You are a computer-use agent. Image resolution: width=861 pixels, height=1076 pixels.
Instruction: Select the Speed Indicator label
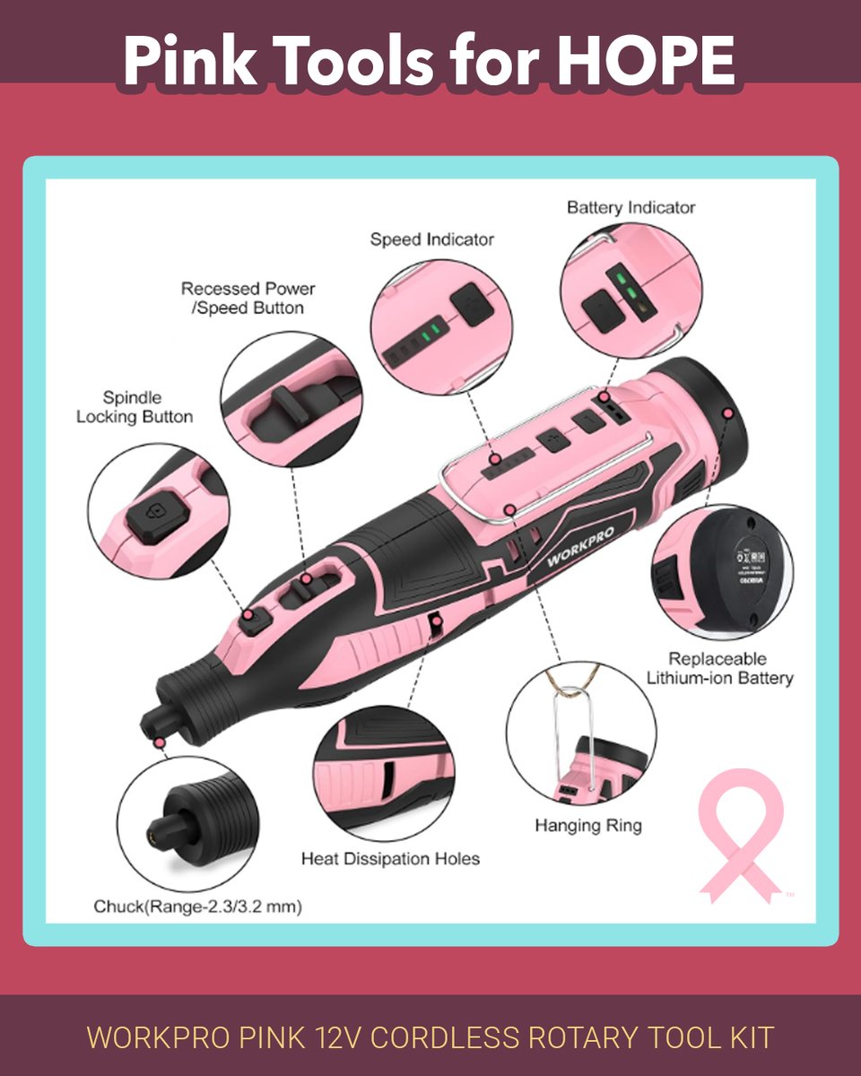[432, 239]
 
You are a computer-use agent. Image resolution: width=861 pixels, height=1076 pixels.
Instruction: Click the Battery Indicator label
[631, 207]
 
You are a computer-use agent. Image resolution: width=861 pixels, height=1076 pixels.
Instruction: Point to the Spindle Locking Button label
[135, 406]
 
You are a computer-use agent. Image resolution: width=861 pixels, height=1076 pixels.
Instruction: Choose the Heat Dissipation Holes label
[390, 858]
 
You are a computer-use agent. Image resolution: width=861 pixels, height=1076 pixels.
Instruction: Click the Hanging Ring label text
[588, 824]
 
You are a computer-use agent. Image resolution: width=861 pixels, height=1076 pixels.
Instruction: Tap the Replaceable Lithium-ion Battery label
[720, 668]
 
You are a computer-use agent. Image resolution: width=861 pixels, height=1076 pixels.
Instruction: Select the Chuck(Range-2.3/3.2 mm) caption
[197, 907]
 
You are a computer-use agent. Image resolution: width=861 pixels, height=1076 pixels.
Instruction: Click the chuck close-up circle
[187, 820]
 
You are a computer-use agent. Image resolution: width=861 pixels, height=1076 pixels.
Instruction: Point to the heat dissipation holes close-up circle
[381, 768]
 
